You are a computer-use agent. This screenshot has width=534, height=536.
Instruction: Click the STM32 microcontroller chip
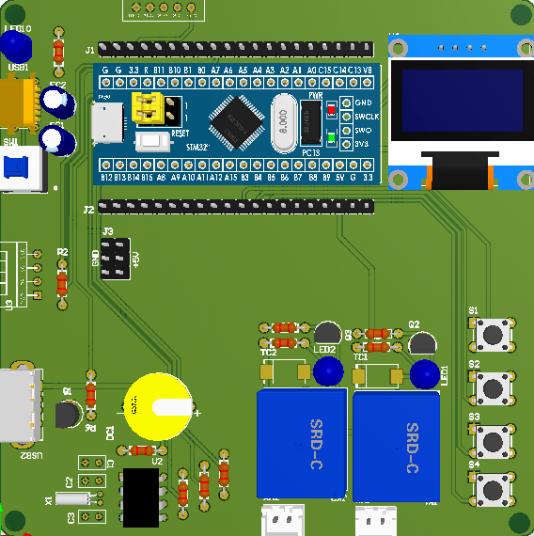pyautogui.click(x=235, y=118)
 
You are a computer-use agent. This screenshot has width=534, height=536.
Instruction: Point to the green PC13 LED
pyautogui.click(x=331, y=136)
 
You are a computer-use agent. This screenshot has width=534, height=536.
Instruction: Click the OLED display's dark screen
pyautogui.click(x=457, y=99)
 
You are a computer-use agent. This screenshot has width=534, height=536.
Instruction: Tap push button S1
pyautogui.click(x=492, y=333)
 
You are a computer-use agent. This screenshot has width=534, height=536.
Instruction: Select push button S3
pyautogui.click(x=492, y=438)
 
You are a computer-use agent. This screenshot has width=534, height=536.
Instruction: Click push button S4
pyautogui.click(x=492, y=488)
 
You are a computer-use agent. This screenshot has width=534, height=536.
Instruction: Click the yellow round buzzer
pyautogui.click(x=158, y=405)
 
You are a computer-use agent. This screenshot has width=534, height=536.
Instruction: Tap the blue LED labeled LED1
pyautogui.click(x=424, y=374)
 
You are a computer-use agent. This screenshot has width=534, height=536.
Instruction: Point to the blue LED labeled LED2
pyautogui.click(x=328, y=372)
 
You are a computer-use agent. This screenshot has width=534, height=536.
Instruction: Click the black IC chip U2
pyautogui.click(x=141, y=497)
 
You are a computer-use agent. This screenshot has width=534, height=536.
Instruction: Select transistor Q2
pyautogui.click(x=422, y=344)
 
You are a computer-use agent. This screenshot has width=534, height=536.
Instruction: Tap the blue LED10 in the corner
pyautogui.click(x=16, y=47)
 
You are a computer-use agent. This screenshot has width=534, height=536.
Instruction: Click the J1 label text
pyautogui.click(x=89, y=49)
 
